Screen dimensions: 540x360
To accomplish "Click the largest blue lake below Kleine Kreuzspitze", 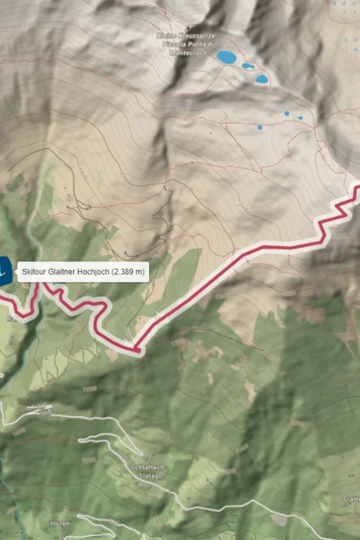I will pyautogui.click(x=226, y=58).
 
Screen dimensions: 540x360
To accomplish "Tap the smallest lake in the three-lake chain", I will pyautogui.click(x=248, y=65).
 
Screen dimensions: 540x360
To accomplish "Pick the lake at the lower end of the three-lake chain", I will pyautogui.click(x=262, y=80).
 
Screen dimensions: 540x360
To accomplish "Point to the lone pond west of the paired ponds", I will pyautogui.click(x=259, y=128).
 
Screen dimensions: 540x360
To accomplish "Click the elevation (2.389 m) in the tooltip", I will pyautogui.click(x=129, y=271).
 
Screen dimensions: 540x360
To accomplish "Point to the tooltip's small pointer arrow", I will pyautogui.click(x=17, y=271).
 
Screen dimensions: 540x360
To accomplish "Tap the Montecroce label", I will pyautogui.click(x=186, y=52).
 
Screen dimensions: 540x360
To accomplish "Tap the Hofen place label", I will pyautogui.click(x=59, y=522).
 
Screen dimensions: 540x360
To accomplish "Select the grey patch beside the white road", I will pyautogui.click(x=279, y=520).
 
